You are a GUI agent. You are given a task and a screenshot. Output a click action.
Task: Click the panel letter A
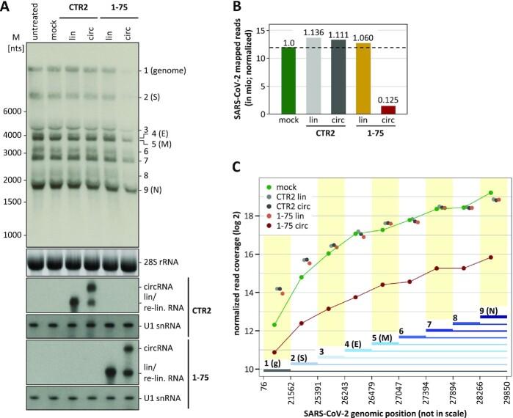point(8,8)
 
